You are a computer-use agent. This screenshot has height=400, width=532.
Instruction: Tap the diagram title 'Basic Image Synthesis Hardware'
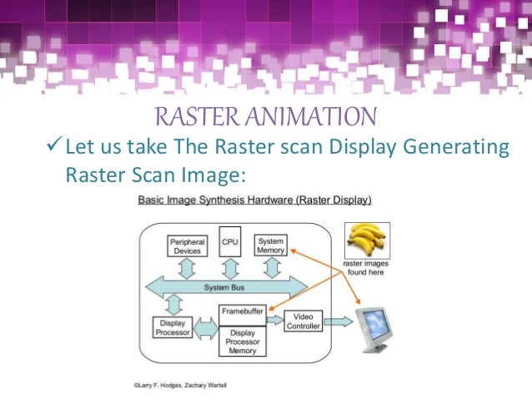pyautogui.click(x=253, y=200)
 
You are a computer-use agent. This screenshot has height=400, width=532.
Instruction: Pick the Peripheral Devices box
pyautogui.click(x=187, y=246)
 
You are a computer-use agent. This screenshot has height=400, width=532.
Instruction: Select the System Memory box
pyautogui.click(x=270, y=244)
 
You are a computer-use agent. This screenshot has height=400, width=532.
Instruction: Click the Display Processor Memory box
pyautogui.click(x=241, y=339)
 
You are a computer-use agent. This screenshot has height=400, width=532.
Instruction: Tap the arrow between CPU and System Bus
pyautogui.click(x=229, y=268)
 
